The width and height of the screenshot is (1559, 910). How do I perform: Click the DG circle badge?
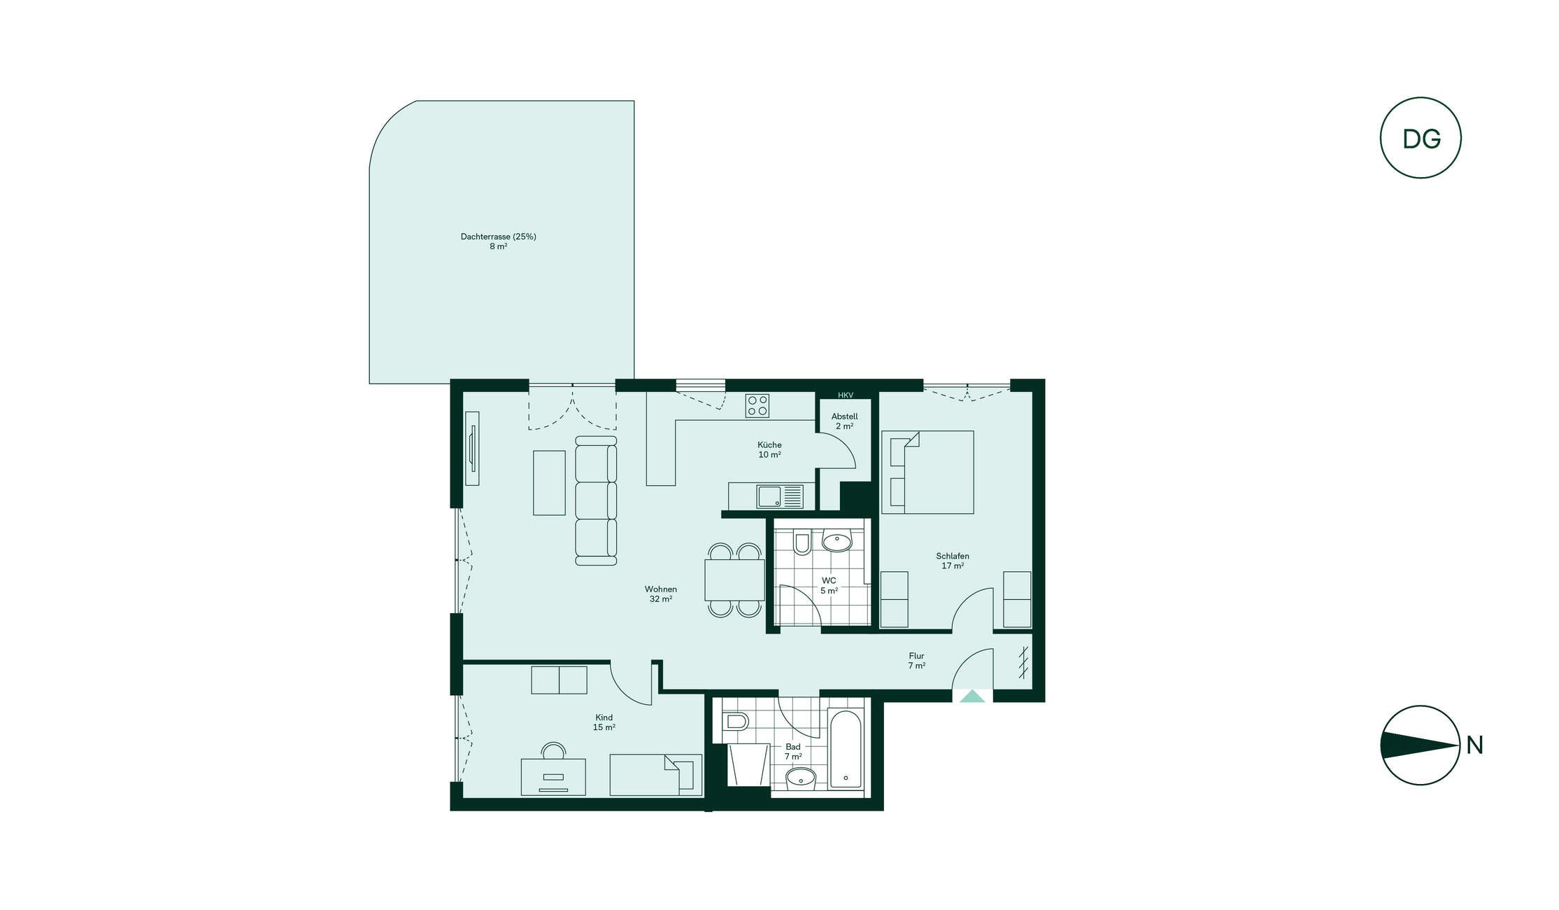pos(1421,138)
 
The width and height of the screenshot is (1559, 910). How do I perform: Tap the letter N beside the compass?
pos(1475,745)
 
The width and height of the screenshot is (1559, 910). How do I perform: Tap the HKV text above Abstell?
pos(846,395)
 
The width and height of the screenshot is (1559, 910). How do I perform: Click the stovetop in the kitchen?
pos(757,406)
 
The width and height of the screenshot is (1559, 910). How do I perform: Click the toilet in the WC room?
pos(802,543)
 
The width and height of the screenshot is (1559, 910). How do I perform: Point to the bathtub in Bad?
pos(846,749)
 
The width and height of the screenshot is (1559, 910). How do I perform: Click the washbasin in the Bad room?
pos(801,778)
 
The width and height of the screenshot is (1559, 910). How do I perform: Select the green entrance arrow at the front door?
pos(972,696)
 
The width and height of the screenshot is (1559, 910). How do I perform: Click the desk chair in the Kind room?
pos(554,751)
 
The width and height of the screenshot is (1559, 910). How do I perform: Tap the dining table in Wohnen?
pos(734,580)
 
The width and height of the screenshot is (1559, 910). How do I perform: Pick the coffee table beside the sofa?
pos(549,483)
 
